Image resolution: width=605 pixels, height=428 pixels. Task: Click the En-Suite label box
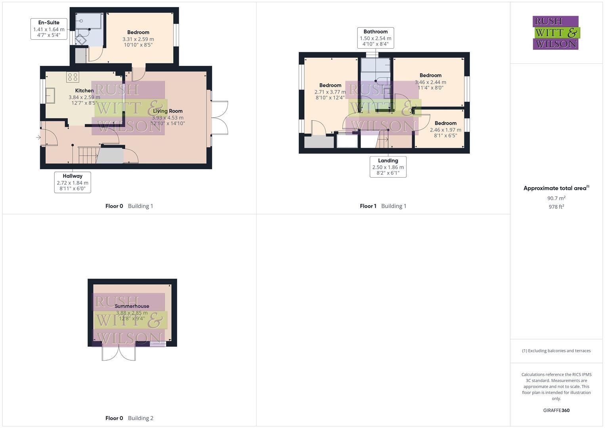pos(49,29)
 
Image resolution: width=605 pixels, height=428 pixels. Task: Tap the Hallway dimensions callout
pos(73,182)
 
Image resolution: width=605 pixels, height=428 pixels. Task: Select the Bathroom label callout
pos(376,38)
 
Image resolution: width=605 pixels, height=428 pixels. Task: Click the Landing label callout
pos(388,166)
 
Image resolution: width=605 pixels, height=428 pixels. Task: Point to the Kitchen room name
pos(84,90)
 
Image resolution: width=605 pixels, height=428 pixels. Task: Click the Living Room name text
pos(168,111)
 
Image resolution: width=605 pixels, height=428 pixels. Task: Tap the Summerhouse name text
pos(132,306)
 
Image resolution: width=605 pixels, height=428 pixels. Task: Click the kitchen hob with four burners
pos(73,77)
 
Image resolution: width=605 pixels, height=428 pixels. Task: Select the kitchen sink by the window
pos(50,95)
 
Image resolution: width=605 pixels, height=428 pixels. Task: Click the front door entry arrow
pos(38,138)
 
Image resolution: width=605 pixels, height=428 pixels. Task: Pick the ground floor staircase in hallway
pos(88,155)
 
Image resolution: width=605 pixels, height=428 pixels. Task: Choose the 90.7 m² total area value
pos(556,198)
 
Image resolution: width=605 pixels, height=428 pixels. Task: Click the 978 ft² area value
pos(556,207)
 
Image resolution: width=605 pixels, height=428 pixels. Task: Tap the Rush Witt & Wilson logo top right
pos(555,32)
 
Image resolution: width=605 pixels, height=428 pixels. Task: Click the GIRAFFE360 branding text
pos(556,411)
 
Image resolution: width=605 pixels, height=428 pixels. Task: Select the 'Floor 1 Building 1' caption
pos(383,206)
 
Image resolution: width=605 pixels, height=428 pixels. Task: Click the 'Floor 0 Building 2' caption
pos(129,418)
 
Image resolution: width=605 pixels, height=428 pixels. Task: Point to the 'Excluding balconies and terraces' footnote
pos(556,351)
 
